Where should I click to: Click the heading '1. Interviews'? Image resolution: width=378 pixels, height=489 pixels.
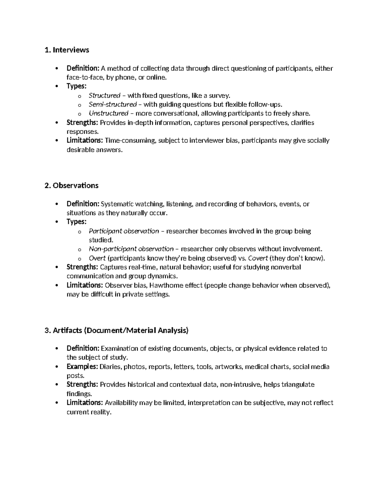point(67,50)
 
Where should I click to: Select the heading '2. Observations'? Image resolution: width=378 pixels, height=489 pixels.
point(72,185)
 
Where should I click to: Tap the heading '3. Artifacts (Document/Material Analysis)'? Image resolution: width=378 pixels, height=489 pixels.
point(117,330)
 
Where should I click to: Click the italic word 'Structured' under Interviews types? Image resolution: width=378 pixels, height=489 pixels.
point(104,95)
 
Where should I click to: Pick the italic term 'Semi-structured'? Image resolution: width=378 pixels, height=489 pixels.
point(112,104)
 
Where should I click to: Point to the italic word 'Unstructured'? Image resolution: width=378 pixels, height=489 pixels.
point(108,113)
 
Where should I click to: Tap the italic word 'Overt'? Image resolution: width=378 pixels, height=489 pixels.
point(97,258)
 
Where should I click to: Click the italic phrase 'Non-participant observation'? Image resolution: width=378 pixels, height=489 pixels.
point(131,249)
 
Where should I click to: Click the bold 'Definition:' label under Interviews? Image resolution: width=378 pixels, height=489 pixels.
point(83,68)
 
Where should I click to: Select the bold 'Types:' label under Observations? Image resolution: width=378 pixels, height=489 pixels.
point(76,222)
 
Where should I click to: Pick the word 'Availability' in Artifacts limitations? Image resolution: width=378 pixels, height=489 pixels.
point(121,403)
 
